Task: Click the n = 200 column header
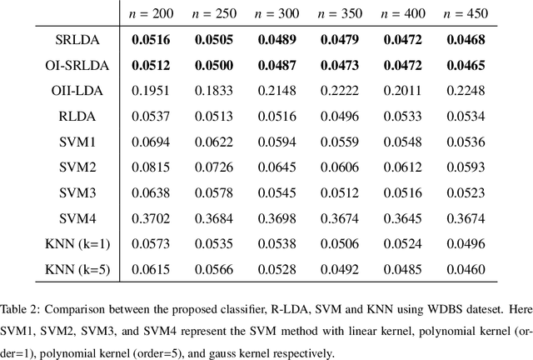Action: click(x=142, y=13)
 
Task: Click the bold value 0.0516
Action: click(x=142, y=41)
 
